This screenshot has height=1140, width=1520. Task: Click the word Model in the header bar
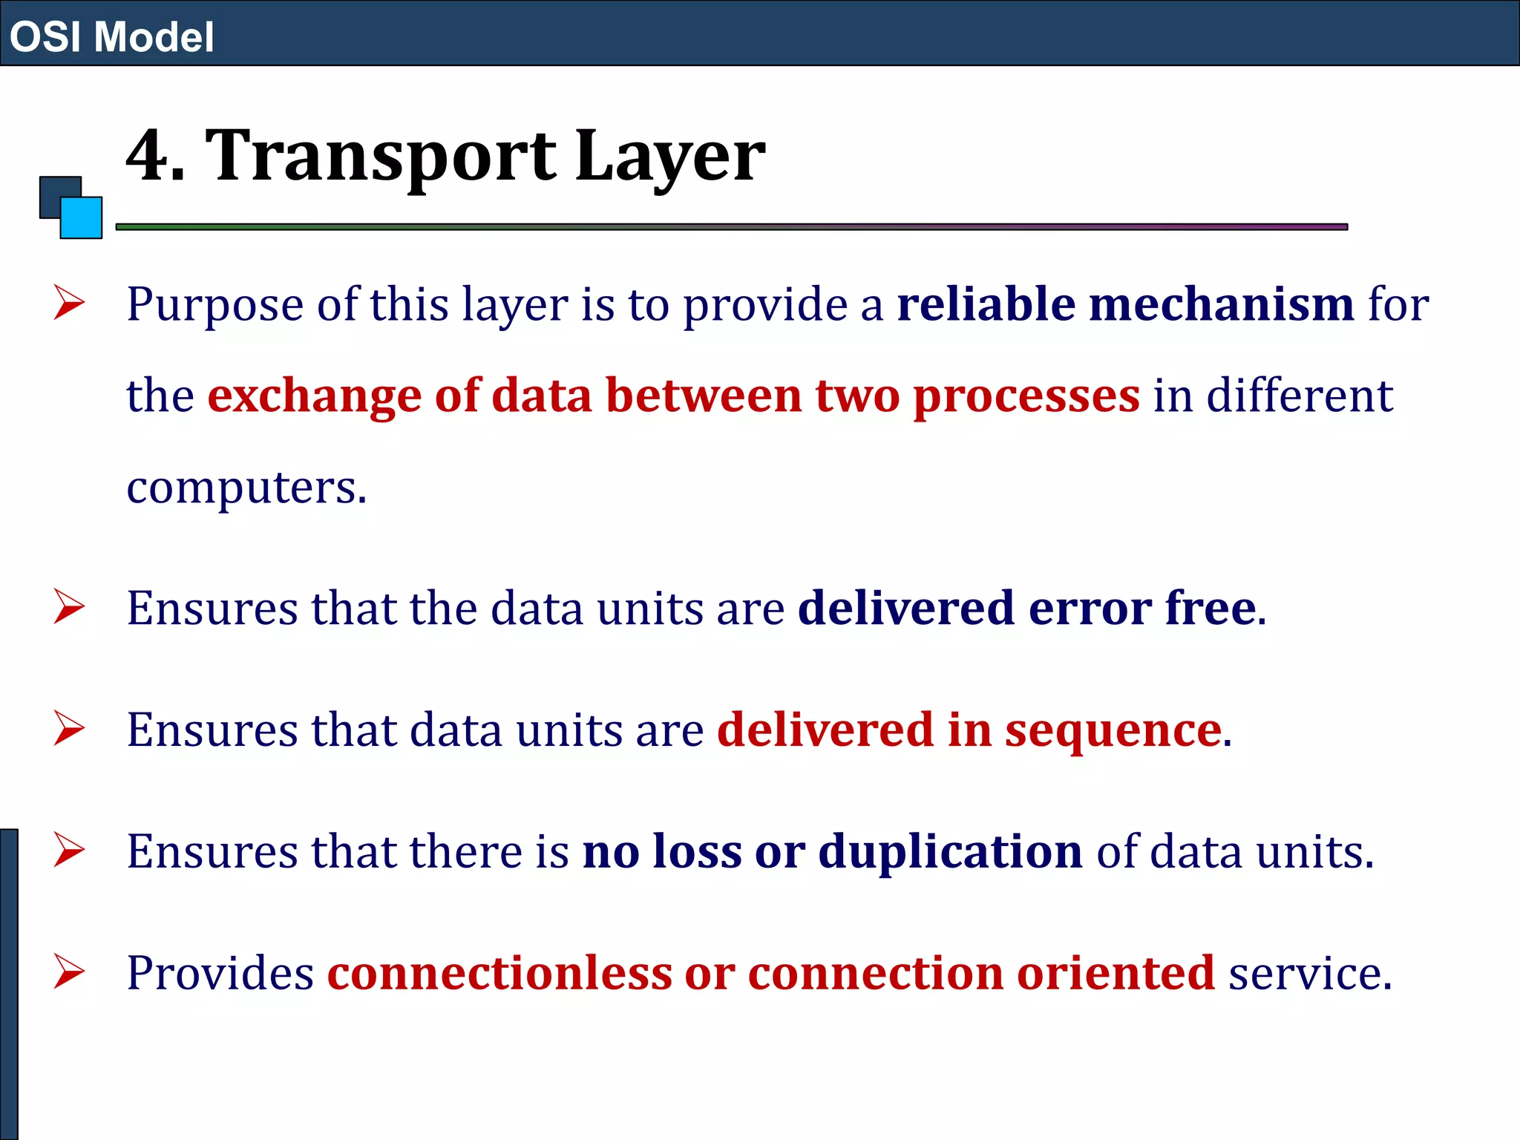(x=154, y=37)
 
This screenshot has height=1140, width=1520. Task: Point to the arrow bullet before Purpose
(x=69, y=304)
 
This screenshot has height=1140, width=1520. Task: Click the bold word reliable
(x=986, y=304)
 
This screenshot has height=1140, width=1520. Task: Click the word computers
(x=246, y=488)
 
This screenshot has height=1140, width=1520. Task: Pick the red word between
(x=704, y=395)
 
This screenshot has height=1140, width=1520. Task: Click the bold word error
(x=1090, y=609)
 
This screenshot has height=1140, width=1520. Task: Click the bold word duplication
(x=950, y=851)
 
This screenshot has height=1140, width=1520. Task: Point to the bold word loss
(x=697, y=851)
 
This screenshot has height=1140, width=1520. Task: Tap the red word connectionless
(x=499, y=973)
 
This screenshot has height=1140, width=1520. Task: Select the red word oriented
(x=1116, y=973)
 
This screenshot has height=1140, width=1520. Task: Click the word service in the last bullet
(x=1309, y=973)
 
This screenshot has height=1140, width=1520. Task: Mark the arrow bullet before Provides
(x=69, y=973)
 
